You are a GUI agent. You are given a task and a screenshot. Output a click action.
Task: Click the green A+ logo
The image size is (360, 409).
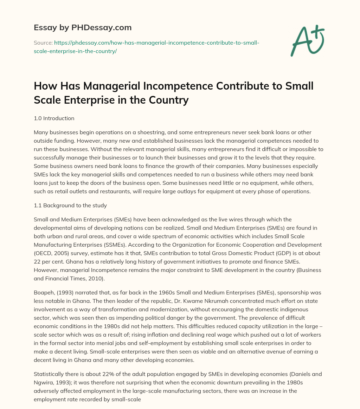tap(307, 40)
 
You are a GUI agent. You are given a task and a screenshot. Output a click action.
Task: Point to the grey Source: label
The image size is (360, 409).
tap(43, 43)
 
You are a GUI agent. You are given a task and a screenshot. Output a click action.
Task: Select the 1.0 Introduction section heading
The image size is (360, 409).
tap(54, 118)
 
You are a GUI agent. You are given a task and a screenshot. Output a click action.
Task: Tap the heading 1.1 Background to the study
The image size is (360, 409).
tap(70, 205)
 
